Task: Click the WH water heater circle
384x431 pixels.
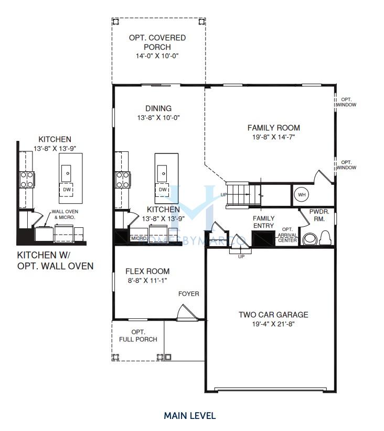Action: click(302, 195)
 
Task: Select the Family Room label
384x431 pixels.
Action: click(274, 128)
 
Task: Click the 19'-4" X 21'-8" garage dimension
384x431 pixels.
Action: click(273, 324)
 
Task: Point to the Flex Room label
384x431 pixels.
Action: click(147, 271)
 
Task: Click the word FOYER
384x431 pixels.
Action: click(188, 294)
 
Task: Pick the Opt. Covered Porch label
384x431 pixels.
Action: click(157, 42)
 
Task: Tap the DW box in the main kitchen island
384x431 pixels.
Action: click(163, 190)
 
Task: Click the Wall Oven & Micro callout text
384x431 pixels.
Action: click(65, 214)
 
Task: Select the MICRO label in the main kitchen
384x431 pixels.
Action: click(138, 238)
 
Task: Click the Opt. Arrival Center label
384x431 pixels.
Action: click(287, 235)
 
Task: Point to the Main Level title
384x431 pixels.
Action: click(190, 416)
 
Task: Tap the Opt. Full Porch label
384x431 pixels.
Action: click(138, 336)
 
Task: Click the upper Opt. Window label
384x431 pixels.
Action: click(346, 102)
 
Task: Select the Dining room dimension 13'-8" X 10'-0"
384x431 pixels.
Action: click(158, 118)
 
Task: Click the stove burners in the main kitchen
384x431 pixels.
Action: click(123, 180)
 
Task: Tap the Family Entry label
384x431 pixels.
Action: click(263, 222)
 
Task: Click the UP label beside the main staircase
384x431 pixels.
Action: click(224, 195)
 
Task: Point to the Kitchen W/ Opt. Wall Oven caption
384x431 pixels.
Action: click(55, 261)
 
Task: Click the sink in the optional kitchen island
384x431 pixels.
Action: click(66, 173)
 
